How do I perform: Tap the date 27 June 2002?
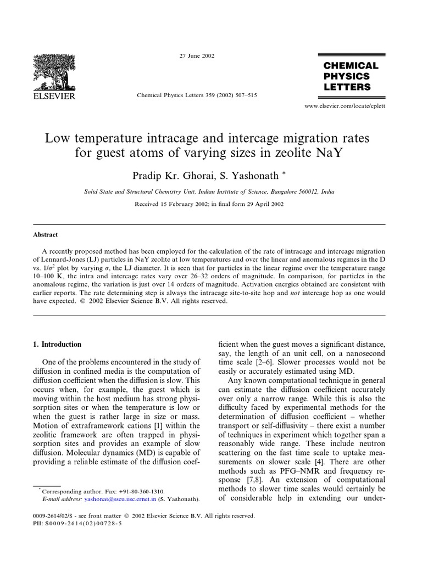(197, 56)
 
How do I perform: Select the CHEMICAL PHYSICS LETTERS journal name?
(347, 76)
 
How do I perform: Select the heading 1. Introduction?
(58, 345)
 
